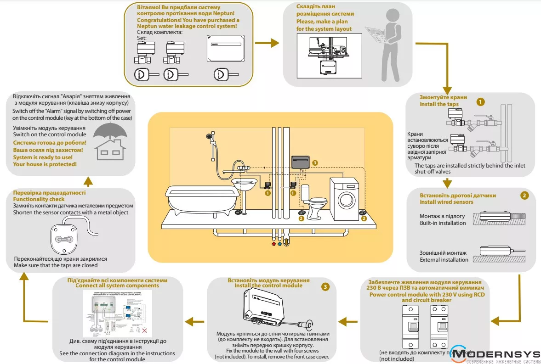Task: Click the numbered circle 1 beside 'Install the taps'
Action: (x=480, y=101)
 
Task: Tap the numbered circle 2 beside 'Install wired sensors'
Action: (x=524, y=195)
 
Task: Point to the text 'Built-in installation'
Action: (x=443, y=223)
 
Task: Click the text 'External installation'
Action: (x=444, y=260)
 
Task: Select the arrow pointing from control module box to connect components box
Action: (x=195, y=322)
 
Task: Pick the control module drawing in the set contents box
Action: (x=225, y=48)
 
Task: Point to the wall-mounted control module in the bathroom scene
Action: (x=301, y=162)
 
